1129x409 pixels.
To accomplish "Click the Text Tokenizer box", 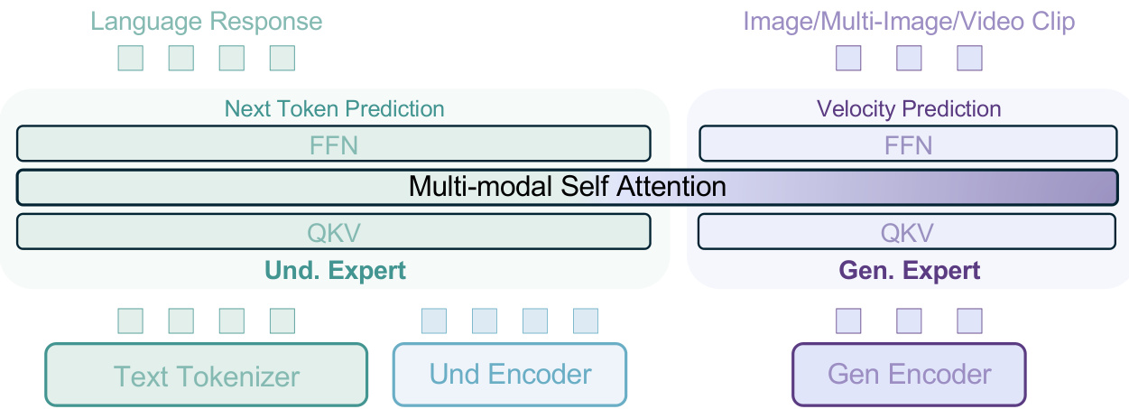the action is point(206,375).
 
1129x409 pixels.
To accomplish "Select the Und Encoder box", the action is point(510,375).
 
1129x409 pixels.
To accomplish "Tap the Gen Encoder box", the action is point(910,375).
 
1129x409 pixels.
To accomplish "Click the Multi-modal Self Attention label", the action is point(568,187).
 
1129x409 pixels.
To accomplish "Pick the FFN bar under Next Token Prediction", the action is point(334,144).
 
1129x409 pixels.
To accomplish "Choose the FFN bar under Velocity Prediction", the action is point(908,144).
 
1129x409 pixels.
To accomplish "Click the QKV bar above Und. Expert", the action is point(334,231).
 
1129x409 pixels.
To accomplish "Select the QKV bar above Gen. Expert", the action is point(907,231).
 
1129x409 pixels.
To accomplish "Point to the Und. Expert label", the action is point(335,271).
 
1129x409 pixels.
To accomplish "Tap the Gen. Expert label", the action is point(910,271).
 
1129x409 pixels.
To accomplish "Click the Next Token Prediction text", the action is point(334,109).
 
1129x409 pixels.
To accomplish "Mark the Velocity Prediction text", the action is point(909,109).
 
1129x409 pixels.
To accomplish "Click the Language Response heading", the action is point(206,23).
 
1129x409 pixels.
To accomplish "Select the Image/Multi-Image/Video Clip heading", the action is point(909,23).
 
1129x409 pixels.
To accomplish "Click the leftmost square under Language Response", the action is point(131,58).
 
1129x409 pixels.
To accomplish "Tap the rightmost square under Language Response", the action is point(282,58).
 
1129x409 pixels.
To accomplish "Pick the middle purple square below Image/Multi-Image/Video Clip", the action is point(910,58).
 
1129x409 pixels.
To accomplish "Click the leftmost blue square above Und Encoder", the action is point(434,321).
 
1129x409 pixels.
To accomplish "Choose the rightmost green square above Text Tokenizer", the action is point(282,321).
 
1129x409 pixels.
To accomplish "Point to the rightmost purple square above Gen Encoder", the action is point(970,321).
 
